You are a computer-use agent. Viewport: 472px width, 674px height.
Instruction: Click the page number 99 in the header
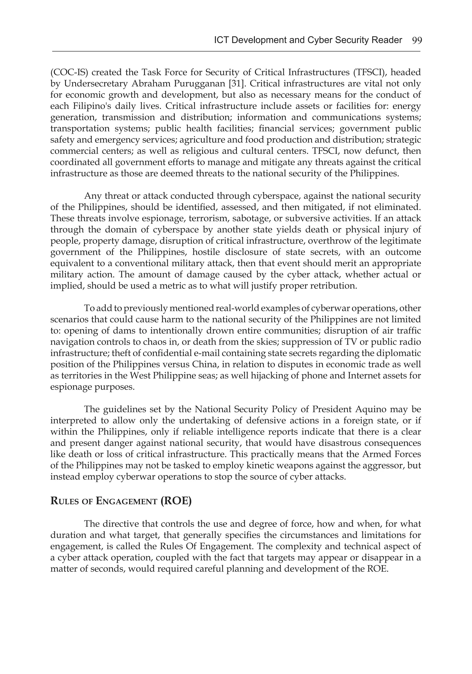[417, 40]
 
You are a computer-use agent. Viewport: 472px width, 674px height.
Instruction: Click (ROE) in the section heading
[176, 501]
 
